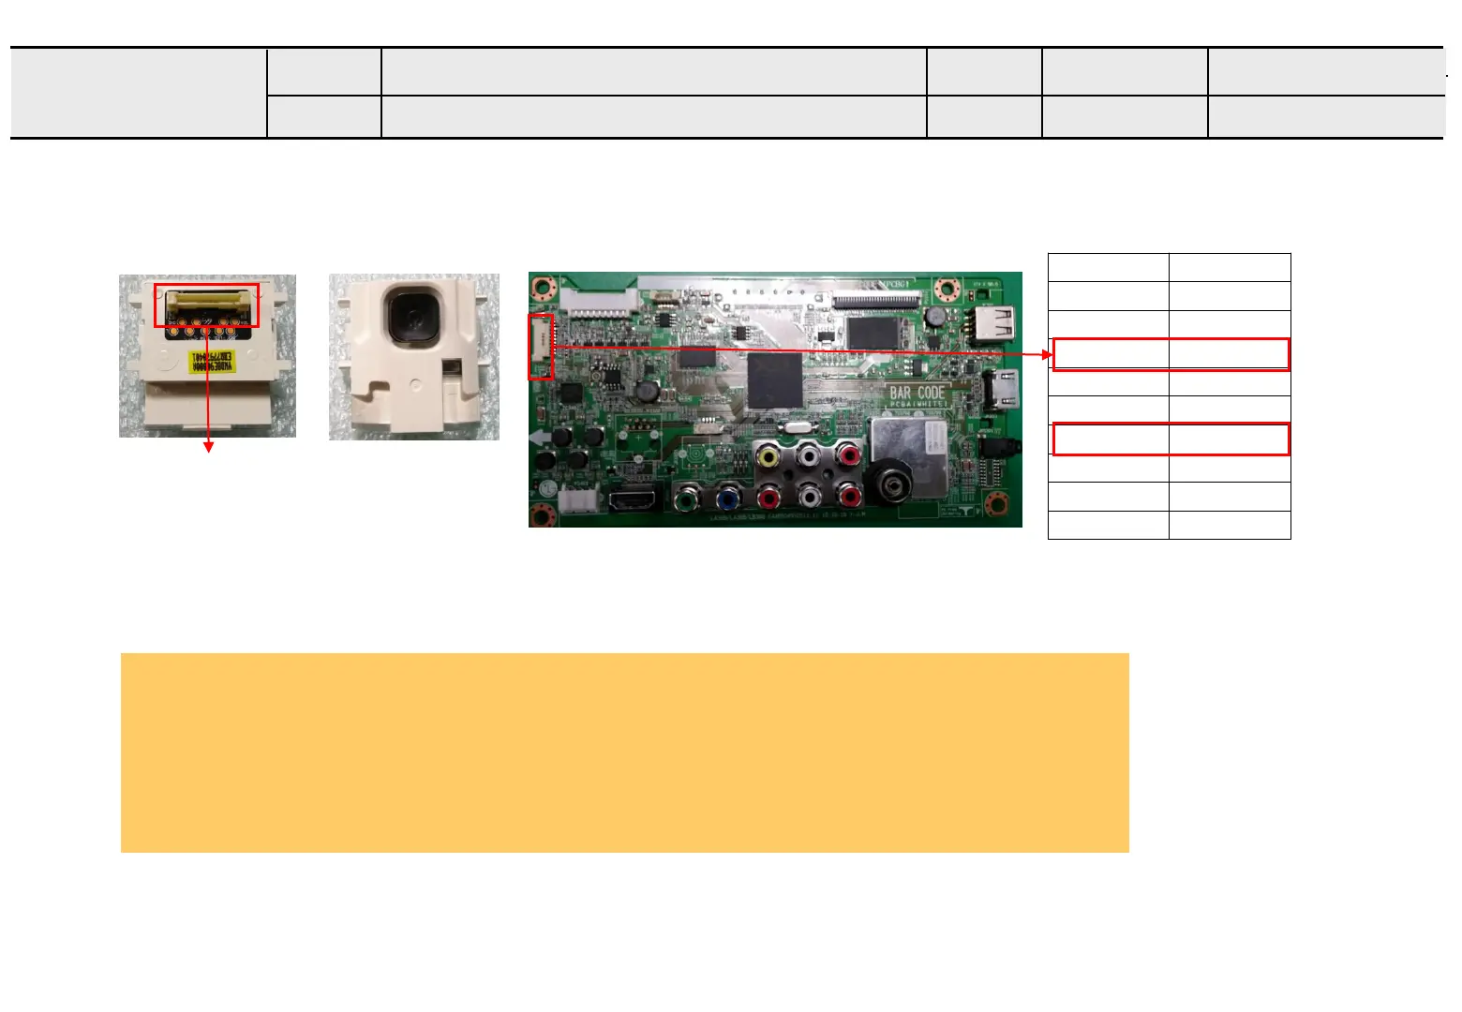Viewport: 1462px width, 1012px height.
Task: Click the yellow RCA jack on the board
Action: point(768,457)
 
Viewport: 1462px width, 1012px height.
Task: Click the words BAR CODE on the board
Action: point(917,394)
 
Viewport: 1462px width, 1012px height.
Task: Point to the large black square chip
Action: point(775,380)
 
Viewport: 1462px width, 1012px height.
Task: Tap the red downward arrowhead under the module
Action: point(208,447)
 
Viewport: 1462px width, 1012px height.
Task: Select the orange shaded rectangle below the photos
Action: point(624,752)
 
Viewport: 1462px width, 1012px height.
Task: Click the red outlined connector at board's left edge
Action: point(541,347)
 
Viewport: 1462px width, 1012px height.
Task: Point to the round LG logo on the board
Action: point(543,488)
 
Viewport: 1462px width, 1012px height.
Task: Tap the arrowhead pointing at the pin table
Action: point(1048,354)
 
